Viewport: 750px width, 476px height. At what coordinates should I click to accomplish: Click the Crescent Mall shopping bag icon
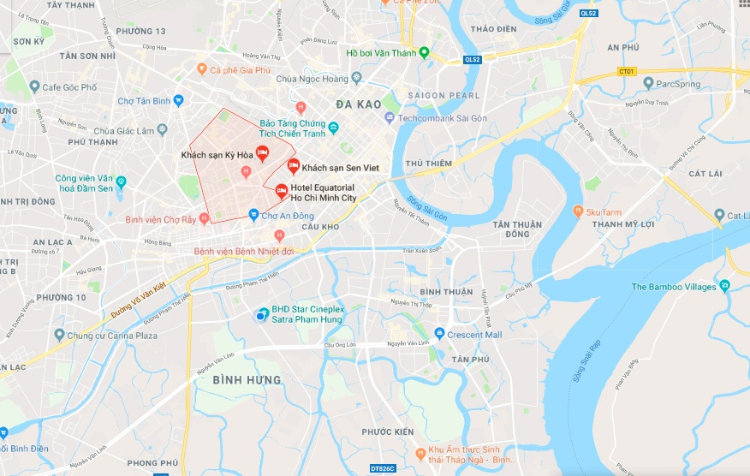coord(439,334)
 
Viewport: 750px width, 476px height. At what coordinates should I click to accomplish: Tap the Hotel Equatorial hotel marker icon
coord(281,191)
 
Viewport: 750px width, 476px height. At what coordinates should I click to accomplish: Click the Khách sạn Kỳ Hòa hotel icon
coord(263,153)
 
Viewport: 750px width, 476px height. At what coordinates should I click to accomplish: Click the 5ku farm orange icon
coord(578,211)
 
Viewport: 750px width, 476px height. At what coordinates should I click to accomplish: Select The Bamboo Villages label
coord(673,287)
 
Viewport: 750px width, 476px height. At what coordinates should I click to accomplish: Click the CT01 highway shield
coord(629,71)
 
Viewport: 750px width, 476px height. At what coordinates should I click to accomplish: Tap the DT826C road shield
coord(384,468)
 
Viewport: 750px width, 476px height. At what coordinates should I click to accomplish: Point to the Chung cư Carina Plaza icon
coord(59,335)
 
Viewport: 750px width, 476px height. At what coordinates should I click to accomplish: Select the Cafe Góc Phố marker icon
coord(33,86)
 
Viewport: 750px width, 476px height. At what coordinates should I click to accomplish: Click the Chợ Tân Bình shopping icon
coord(178,100)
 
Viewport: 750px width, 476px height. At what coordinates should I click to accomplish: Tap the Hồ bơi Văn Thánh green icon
coord(423,53)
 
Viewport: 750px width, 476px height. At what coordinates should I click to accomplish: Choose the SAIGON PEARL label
coord(443,95)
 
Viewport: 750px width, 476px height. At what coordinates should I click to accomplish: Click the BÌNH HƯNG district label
coord(246,379)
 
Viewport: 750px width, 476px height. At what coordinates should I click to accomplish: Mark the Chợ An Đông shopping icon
coord(253,215)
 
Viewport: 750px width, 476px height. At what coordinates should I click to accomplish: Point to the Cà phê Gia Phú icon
coord(202,69)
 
